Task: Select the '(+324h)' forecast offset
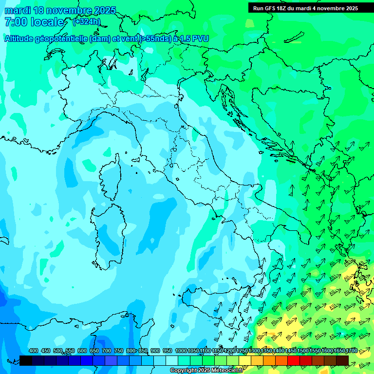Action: [86, 22]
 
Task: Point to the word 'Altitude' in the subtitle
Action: [21, 38]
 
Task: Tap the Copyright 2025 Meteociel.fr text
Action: [206, 371]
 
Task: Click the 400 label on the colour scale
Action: [34, 351]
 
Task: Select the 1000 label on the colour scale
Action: [181, 351]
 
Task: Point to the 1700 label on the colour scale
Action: [352, 351]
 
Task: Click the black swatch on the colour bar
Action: [26, 360]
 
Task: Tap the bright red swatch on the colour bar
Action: [294, 360]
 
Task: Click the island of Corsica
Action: [110, 178]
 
